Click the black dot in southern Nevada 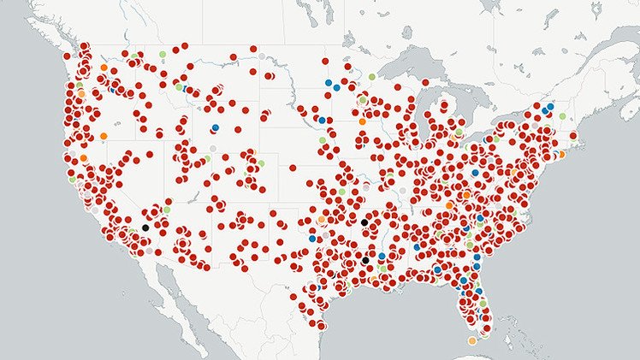pyautogui.click(x=145, y=227)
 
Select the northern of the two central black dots pyautogui.click(x=364, y=222)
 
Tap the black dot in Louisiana pyautogui.click(x=366, y=259)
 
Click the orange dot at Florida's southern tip pyautogui.click(x=472, y=340)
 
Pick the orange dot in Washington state pyautogui.click(x=104, y=67)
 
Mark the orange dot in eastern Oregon pyautogui.click(x=104, y=136)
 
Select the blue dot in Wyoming pyautogui.click(x=215, y=128)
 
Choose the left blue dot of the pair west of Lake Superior pyautogui.click(x=328, y=83)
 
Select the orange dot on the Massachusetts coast pyautogui.click(x=560, y=155)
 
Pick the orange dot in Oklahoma pyautogui.click(x=321, y=220)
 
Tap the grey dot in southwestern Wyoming pyautogui.click(x=213, y=149)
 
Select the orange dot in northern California pyautogui.click(x=83, y=158)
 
